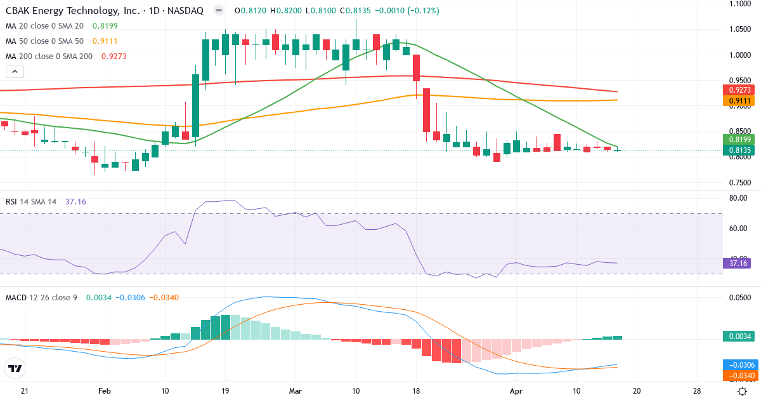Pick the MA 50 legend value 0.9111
click(105, 41)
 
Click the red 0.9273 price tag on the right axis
click(739, 90)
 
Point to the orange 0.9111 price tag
click(739, 100)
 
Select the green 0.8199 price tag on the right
click(739, 139)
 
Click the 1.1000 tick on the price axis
click(739, 4)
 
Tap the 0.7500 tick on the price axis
click(739, 183)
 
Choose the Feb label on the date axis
click(105, 390)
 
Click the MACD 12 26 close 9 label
click(41, 298)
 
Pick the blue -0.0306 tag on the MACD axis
click(739, 365)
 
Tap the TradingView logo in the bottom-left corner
click(15, 368)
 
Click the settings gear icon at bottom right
click(741, 391)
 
